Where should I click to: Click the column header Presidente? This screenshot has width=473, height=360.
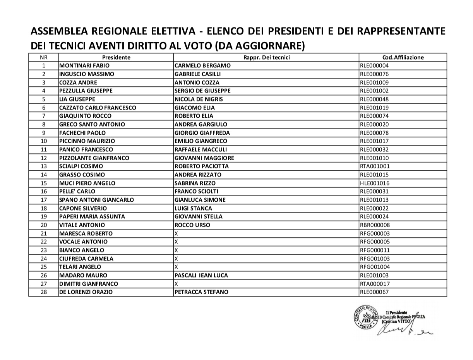click(x=116, y=57)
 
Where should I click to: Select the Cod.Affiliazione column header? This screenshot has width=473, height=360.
click(x=403, y=57)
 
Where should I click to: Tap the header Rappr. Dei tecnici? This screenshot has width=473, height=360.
click(x=266, y=57)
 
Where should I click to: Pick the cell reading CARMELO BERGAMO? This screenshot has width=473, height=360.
click(x=202, y=66)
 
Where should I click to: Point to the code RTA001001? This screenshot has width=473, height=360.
click(x=375, y=166)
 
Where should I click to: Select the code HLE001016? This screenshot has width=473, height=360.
click(x=375, y=183)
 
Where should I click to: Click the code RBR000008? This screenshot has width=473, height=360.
click(x=375, y=225)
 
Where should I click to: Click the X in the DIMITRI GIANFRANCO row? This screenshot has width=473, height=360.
click(x=176, y=284)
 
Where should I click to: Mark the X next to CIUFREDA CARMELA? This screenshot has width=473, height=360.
click(x=176, y=259)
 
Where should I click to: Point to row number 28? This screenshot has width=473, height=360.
click(x=43, y=292)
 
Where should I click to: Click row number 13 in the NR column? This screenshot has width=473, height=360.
click(x=43, y=166)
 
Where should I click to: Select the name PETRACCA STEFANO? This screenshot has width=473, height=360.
click(x=201, y=292)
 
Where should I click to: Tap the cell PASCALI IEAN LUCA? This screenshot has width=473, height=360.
click(x=201, y=276)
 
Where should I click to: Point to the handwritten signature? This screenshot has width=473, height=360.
click(x=404, y=329)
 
